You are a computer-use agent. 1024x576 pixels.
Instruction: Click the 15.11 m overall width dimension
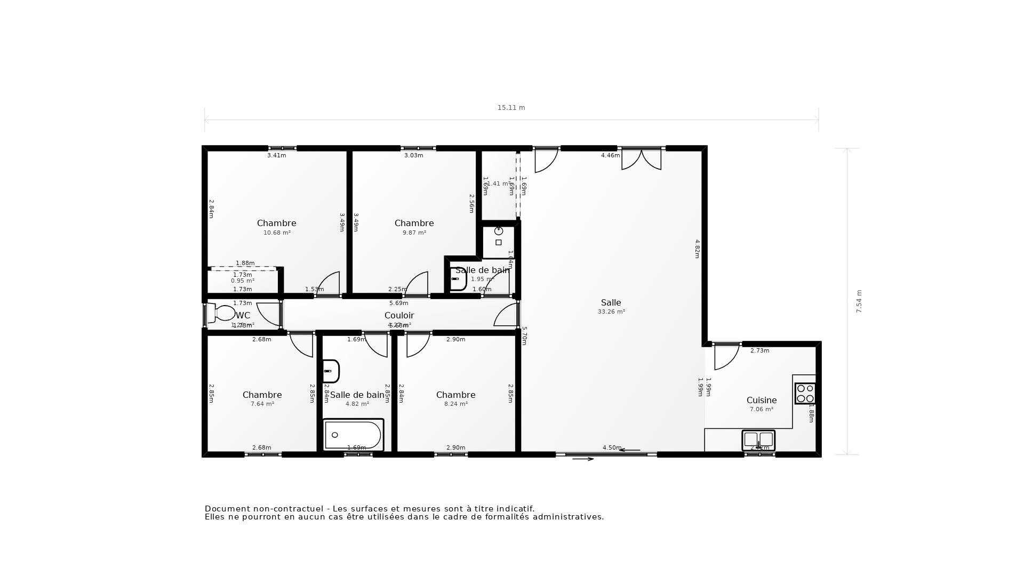pos(511,108)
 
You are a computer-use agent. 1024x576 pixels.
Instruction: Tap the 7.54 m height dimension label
pos(859,301)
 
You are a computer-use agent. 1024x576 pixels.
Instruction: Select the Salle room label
pos(611,302)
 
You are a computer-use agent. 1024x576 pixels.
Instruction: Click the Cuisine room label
pos(761,400)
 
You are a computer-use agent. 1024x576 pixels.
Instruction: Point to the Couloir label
pos(399,315)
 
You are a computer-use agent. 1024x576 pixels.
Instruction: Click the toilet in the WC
pos(221,313)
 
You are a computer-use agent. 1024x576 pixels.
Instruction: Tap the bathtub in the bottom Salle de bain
pos(353,435)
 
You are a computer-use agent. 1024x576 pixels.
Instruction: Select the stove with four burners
pos(805,394)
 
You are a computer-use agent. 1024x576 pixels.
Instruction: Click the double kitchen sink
pos(758,440)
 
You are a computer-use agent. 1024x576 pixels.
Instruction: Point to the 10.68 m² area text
pos(277,233)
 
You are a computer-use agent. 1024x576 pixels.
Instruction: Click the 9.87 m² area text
pos(414,233)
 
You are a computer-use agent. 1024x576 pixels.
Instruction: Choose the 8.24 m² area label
pos(455,404)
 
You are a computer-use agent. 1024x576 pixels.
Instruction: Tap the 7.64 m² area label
pos(262,404)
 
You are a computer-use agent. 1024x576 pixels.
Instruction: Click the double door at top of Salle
pos(641,159)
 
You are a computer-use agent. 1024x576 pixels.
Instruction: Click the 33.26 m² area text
pos(611,312)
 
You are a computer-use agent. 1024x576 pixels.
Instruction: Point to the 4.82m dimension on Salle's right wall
pos(697,249)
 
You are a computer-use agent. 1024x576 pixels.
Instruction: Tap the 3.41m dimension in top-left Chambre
pos(276,156)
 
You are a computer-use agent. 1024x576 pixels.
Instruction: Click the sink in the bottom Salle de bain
pos(331,371)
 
